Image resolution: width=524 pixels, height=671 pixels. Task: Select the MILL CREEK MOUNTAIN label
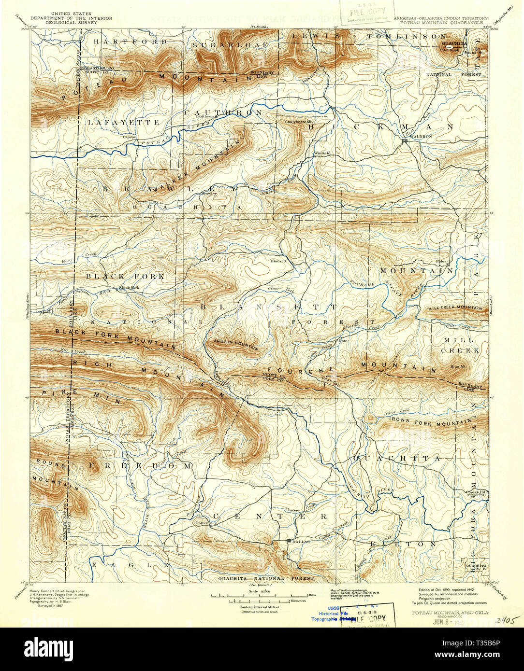tap(454, 308)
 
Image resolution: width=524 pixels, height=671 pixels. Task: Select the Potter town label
tap(201, 522)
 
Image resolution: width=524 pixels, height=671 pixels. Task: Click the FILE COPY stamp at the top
tap(366, 11)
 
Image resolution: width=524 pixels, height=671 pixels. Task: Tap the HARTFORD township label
tap(130, 42)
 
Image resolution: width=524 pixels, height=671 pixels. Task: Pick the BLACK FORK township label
tap(125, 276)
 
